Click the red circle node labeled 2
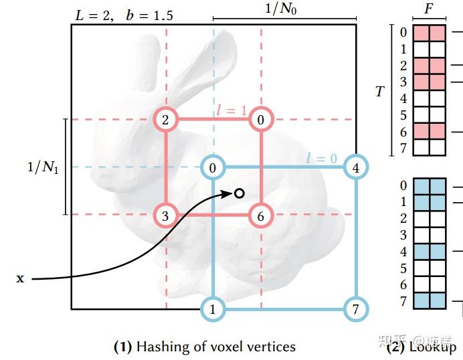click(165, 120)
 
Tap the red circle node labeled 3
click(165, 215)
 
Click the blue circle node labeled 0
click(213, 167)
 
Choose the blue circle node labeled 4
click(356, 167)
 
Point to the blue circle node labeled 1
click(213, 309)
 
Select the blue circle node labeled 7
click(356, 309)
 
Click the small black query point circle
click(239, 193)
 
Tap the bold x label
click(20, 278)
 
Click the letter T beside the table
click(379, 91)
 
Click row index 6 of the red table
click(403, 132)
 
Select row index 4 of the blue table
click(403, 252)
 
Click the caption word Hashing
click(160, 346)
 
